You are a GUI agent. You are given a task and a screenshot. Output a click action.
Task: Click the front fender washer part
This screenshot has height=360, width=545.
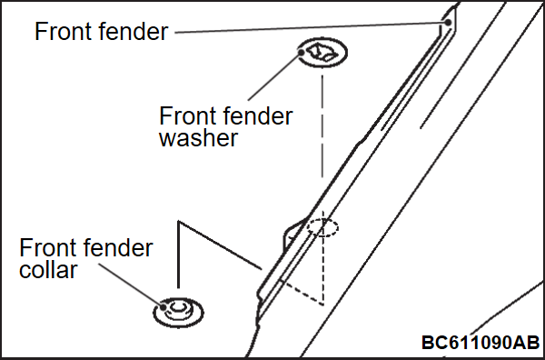pos(322,52)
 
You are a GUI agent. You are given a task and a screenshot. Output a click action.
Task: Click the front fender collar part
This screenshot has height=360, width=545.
pos(178,312)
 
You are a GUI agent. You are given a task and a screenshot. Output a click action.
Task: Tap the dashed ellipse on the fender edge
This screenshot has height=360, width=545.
pos(322,228)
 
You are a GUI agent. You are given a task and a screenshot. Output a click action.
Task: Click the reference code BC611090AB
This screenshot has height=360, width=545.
pos(481,342)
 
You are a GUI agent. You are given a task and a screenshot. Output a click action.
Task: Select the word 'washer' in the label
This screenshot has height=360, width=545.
pos(198,138)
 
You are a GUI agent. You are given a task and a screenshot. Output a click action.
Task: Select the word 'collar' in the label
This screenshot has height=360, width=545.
pos(48,270)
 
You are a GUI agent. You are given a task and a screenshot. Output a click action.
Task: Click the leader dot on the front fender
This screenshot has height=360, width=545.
pos(448,23)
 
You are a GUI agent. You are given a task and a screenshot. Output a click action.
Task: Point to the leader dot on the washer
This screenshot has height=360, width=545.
pos(302,53)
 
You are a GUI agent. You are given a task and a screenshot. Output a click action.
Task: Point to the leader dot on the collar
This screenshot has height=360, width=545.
pos(163,306)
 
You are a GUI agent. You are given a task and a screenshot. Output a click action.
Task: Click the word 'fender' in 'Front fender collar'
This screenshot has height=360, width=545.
pos(120,247)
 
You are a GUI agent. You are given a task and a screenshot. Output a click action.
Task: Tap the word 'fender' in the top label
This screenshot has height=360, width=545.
pos(134,31)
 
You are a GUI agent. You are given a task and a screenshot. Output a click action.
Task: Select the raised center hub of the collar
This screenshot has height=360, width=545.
pos(178,307)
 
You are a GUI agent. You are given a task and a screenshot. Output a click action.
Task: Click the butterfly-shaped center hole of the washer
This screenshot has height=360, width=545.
pos(322,52)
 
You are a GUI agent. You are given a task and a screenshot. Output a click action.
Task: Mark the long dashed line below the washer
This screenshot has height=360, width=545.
pos(322,126)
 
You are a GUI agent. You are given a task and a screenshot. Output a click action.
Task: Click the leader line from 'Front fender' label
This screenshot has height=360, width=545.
pos(310,28)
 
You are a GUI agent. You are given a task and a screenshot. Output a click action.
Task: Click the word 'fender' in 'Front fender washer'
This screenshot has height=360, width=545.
pos(258,116)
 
